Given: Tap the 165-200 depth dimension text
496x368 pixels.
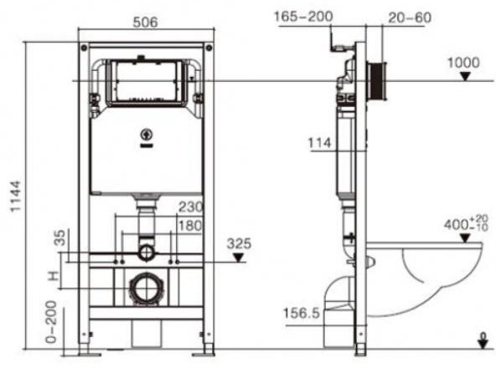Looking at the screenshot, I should (x=302, y=16).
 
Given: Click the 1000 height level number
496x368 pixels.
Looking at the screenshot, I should (x=464, y=63).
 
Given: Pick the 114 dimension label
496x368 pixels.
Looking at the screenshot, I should (x=321, y=144).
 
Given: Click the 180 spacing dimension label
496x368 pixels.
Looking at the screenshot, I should (x=189, y=226).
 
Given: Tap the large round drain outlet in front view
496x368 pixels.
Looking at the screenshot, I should (x=147, y=289).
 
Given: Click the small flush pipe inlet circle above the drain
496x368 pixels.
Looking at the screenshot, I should (x=147, y=250).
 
